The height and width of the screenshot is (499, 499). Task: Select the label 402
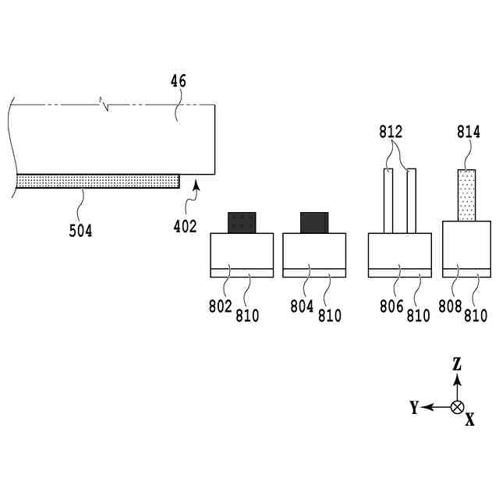(x=186, y=226)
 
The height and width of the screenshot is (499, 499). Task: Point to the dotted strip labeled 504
(x=97, y=181)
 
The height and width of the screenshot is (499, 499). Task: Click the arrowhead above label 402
(x=196, y=185)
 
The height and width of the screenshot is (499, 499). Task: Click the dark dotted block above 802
(x=242, y=222)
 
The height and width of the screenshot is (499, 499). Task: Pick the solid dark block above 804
(x=315, y=222)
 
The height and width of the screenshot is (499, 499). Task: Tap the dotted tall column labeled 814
(x=466, y=195)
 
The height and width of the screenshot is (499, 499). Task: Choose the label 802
(x=221, y=307)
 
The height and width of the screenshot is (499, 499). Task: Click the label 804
(x=302, y=307)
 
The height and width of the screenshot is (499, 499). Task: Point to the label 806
(x=391, y=307)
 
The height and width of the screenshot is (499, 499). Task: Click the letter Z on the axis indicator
(x=458, y=363)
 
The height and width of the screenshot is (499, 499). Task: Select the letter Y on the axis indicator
(x=414, y=407)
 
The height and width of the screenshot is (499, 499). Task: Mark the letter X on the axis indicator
(x=469, y=419)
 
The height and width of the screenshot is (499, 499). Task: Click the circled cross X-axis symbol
(x=458, y=407)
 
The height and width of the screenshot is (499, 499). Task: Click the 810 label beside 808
(x=476, y=316)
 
